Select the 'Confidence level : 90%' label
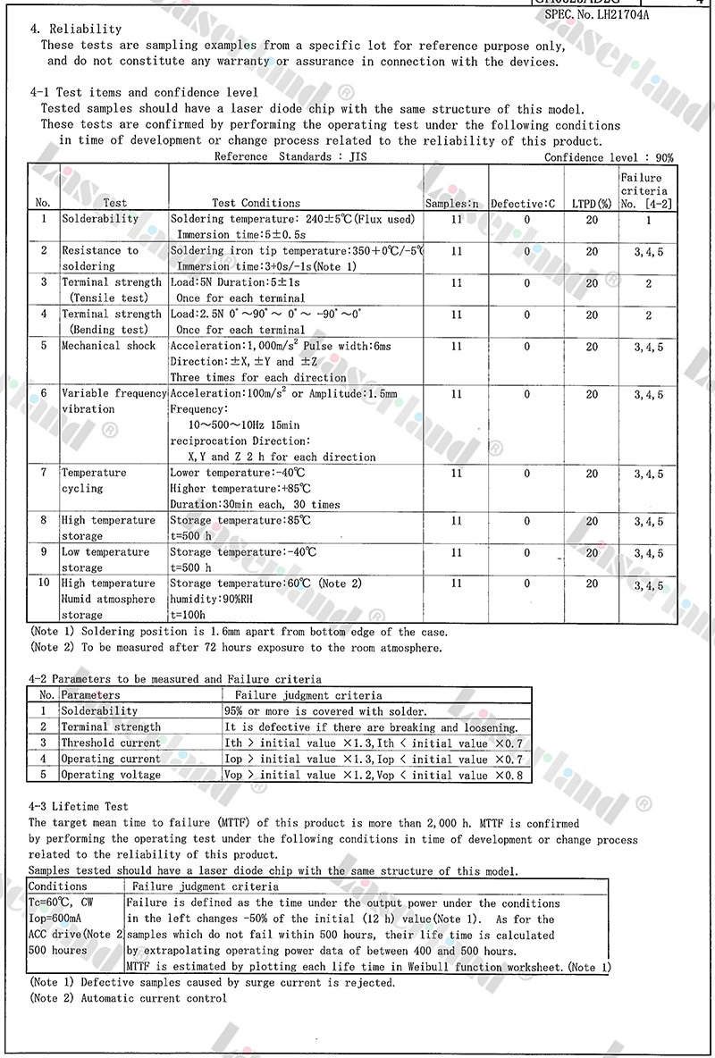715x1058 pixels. [609, 157]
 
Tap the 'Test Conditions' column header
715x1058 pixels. [257, 203]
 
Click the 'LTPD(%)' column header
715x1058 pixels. [592, 204]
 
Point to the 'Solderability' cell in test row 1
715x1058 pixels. [99, 219]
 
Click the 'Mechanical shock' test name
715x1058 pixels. [108, 346]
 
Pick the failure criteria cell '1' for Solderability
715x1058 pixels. [648, 219]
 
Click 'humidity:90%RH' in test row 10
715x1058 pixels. [213, 600]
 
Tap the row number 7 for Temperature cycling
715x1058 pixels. [43, 473]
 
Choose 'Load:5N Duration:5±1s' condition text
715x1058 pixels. [236, 282]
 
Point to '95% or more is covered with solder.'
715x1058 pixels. [325, 711]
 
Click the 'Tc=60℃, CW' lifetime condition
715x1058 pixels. [62, 903]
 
